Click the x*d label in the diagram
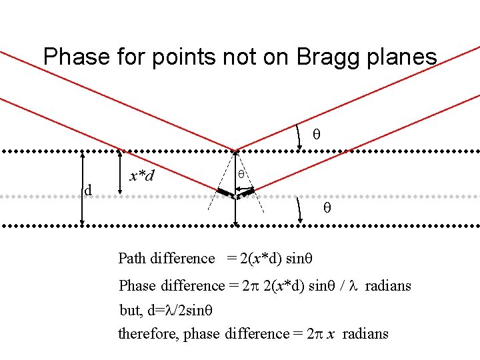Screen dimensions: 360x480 tap(142, 176)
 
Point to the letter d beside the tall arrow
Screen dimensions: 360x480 tap(87, 191)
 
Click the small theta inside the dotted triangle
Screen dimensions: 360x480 tap(243, 173)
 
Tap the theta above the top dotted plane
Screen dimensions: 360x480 tap(317, 135)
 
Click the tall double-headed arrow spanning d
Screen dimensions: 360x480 tap(82, 189)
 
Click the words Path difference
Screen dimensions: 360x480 tap(167, 258)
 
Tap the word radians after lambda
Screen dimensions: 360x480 tap(388, 286)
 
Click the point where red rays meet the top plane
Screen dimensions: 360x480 tap(235, 151)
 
